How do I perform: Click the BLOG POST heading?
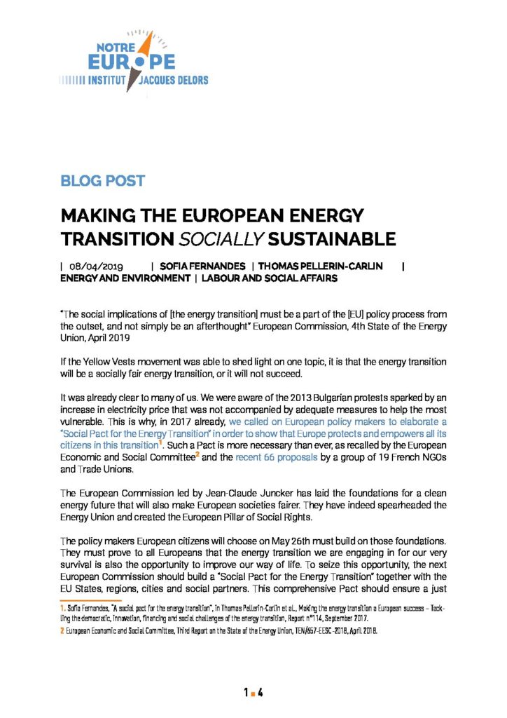102,180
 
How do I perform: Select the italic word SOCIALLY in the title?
218,238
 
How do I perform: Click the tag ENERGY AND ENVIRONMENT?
125,278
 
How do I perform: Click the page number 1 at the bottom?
246,674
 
